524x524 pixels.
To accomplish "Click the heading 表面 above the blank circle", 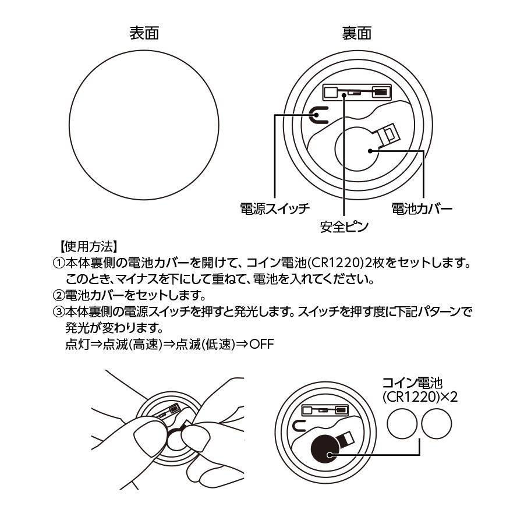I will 144,33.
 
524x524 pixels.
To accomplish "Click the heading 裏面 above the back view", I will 356,33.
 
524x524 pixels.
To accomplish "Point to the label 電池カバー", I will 422,208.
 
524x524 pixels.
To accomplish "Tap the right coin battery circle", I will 438,423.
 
